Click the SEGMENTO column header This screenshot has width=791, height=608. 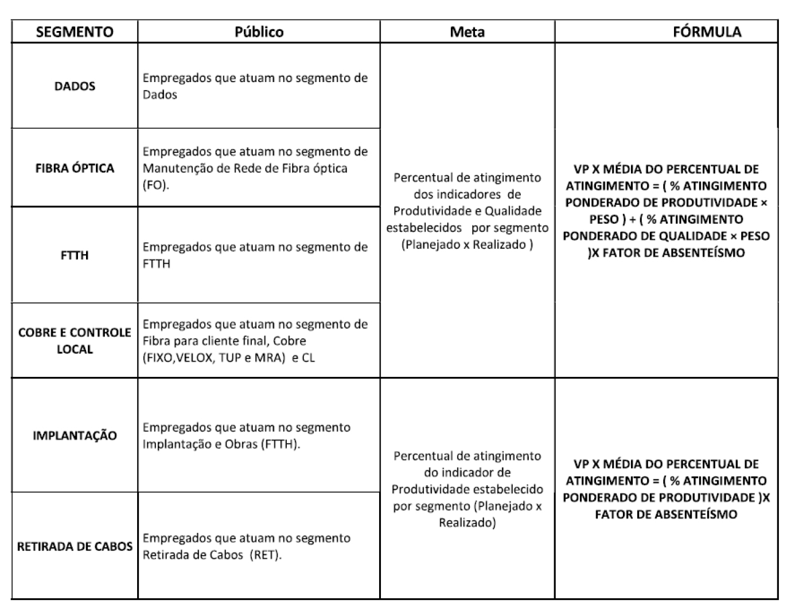pos(75,32)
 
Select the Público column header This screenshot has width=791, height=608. pos(259,32)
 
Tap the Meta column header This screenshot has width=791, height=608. pos(467,32)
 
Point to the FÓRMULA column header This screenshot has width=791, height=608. pos(707,32)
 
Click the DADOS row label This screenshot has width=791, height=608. pos(75,86)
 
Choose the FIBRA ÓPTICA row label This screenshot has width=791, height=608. pos(75,168)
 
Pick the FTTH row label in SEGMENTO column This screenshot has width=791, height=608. pos(75,255)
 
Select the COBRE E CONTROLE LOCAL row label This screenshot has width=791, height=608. pos(75,341)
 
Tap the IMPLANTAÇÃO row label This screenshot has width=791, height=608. pos(75,435)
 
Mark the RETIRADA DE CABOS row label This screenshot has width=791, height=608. pos(75,546)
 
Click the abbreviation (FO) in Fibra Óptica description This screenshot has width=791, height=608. pos(155,186)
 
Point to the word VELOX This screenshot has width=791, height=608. pos(194,358)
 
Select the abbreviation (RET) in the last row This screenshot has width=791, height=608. pos(265,555)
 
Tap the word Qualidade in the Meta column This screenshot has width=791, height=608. pos(516,211)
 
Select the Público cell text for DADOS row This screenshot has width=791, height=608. pos(255,86)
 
